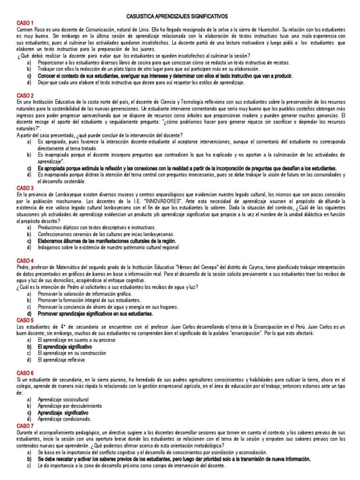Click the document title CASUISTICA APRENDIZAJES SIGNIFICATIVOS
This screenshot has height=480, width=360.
[x=180, y=15]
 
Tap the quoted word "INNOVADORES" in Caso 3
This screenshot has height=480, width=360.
[x=155, y=201]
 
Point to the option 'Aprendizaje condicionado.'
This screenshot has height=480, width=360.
[x=65, y=419]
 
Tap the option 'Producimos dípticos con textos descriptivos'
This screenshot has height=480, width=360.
[x=98, y=227]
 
